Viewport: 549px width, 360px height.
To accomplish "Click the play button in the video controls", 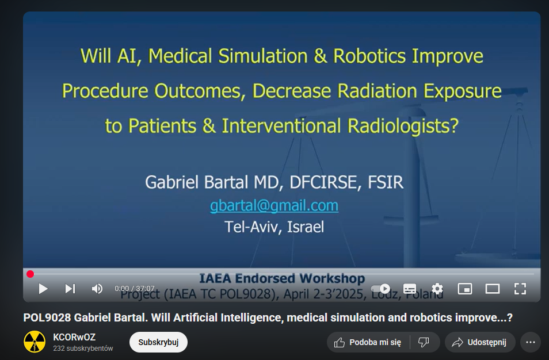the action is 43,289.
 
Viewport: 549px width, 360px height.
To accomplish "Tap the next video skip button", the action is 70,289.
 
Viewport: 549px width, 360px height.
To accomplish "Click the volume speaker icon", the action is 97,289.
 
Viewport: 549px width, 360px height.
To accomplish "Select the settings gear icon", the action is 437,289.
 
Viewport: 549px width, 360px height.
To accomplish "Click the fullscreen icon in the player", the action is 520,289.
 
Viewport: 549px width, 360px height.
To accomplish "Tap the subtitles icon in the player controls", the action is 410,289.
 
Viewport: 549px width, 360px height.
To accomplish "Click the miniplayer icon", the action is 465,289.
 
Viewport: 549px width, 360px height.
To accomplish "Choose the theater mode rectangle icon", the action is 492,289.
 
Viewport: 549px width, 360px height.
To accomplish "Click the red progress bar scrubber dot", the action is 30,274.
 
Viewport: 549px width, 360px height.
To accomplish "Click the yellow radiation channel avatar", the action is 35,342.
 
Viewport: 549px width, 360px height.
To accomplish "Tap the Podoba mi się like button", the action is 368,342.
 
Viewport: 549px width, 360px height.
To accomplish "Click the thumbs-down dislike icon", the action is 424,342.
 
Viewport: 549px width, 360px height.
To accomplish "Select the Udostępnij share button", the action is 480,342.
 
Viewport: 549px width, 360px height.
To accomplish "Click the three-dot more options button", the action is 531,342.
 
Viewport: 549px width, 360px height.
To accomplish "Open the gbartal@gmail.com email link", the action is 274,205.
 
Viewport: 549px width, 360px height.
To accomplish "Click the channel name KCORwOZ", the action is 74,337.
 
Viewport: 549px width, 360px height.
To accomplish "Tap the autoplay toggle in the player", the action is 380,289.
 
